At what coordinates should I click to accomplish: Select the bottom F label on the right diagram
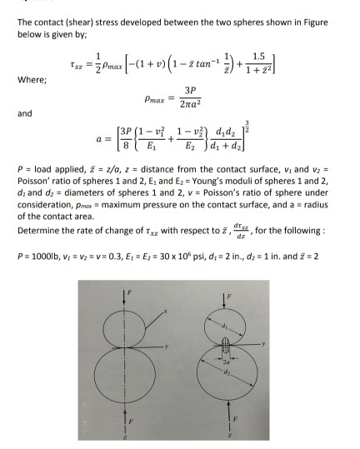(x=272, y=417)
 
